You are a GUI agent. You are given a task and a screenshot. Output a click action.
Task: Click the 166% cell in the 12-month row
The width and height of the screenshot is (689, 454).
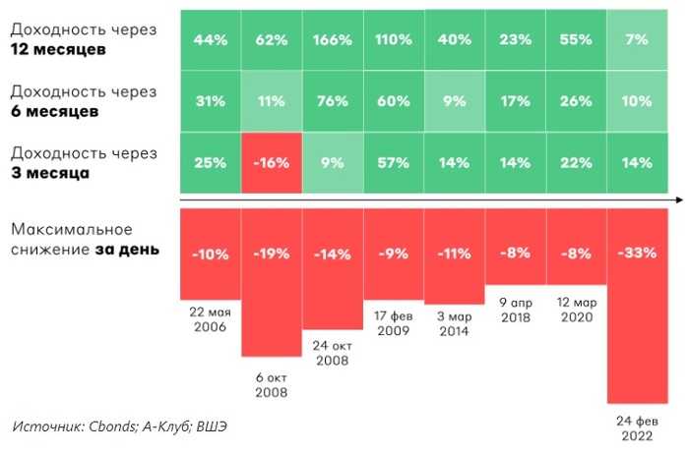(x=333, y=40)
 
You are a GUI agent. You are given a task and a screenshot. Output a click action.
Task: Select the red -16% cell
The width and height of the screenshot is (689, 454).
(x=272, y=162)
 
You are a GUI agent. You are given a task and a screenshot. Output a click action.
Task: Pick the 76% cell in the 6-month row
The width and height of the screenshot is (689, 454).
(x=333, y=100)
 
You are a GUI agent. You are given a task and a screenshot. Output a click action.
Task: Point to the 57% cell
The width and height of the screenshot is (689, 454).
(x=394, y=162)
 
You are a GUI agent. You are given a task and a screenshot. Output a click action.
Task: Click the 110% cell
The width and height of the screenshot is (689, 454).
(x=394, y=40)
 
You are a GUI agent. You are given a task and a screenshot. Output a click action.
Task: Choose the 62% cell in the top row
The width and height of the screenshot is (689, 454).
(x=272, y=40)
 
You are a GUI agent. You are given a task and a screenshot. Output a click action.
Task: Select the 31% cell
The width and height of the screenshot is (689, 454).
(x=211, y=100)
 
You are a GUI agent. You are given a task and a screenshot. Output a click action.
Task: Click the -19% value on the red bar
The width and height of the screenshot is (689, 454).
(x=272, y=253)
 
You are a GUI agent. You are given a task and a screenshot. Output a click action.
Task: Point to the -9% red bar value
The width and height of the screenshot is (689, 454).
(x=394, y=253)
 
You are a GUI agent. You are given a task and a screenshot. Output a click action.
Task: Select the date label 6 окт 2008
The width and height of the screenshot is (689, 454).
(x=271, y=383)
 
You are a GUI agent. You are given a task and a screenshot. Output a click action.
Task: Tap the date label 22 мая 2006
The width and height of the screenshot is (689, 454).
(x=210, y=317)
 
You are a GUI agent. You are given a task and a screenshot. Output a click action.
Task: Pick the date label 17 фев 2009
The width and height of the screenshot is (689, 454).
(x=394, y=323)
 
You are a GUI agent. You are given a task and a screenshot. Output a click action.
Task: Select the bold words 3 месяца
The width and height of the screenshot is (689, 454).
(x=50, y=172)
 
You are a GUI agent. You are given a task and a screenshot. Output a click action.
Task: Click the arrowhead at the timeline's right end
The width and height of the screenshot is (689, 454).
(x=680, y=199)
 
